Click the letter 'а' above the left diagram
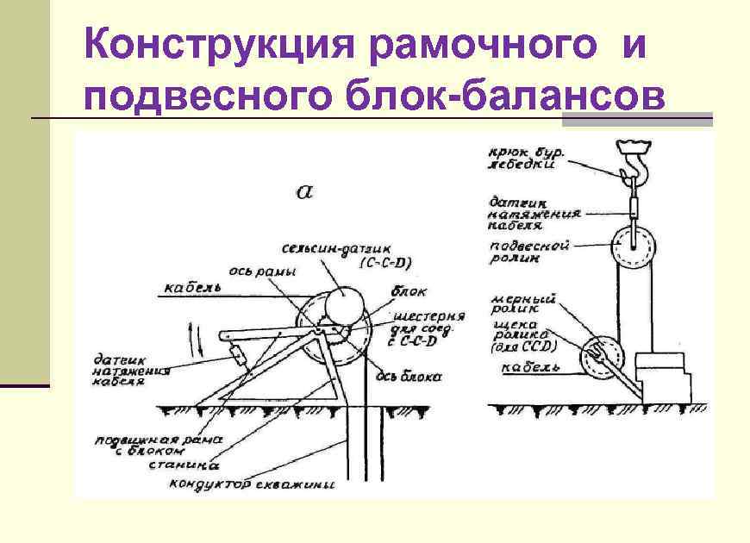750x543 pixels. click(304, 191)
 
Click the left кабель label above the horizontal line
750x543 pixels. click(193, 286)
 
